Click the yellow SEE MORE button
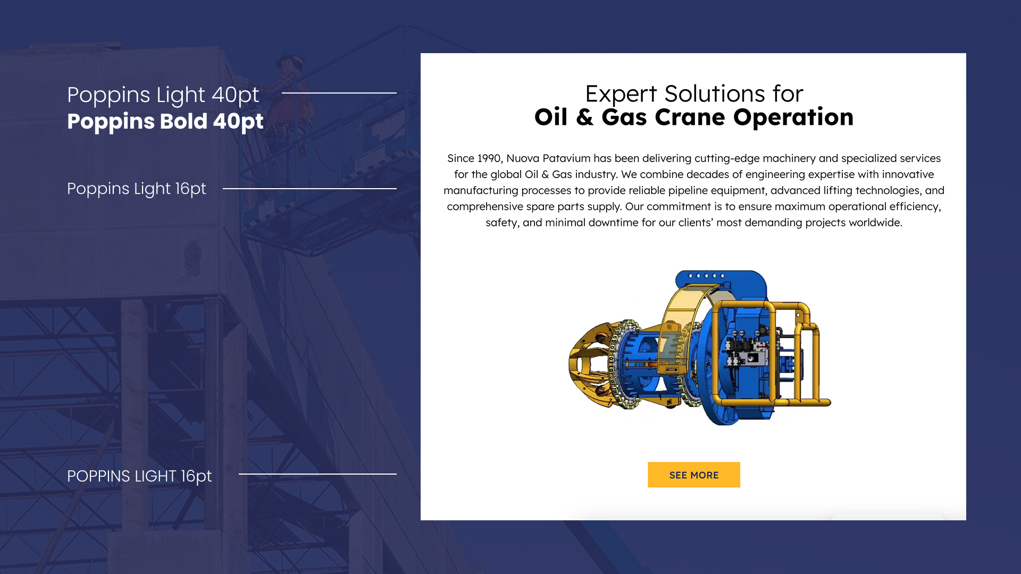693,475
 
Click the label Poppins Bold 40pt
165,122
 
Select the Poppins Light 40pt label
163,95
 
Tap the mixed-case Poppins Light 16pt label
136,189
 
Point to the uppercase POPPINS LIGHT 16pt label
139,476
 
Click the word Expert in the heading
621,95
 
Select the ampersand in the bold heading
584,117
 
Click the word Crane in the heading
690,117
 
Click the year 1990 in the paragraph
489,158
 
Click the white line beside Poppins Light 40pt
339,93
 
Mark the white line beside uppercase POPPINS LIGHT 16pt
317,474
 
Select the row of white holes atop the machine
706,276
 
